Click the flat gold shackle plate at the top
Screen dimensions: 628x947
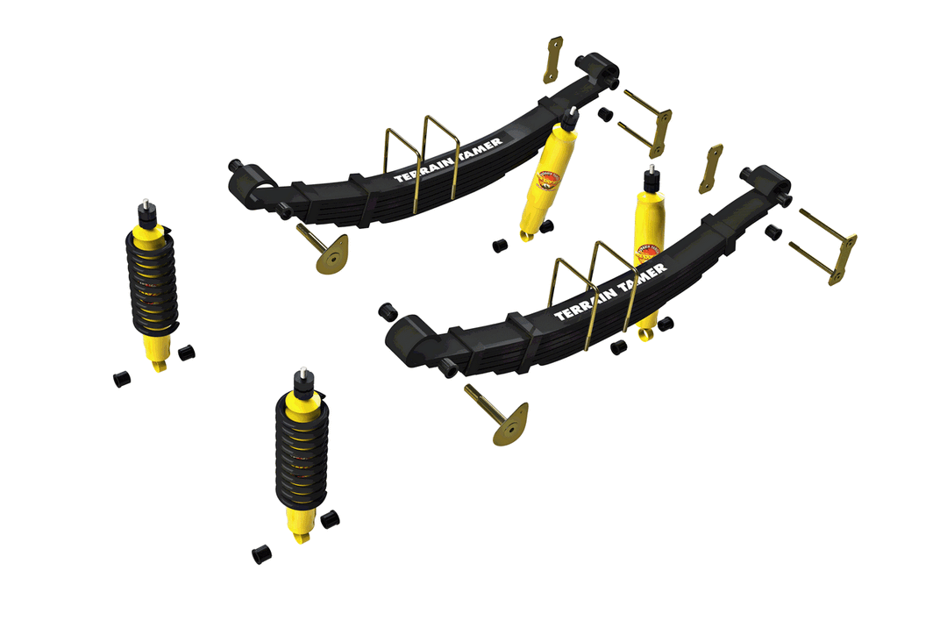click(552, 60)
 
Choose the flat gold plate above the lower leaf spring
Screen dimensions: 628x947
click(711, 168)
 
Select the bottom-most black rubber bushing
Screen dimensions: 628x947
click(261, 554)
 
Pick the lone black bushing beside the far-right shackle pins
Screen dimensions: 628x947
click(773, 232)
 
